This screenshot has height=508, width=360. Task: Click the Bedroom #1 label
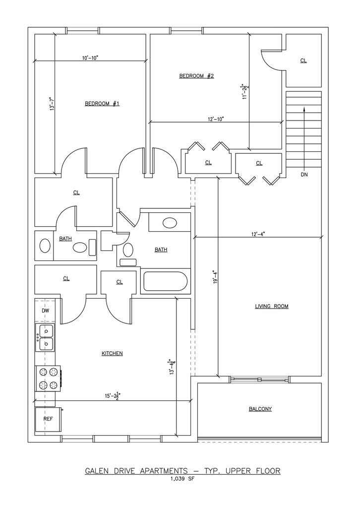pyautogui.click(x=102, y=104)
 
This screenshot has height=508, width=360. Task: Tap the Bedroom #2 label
pyautogui.click(x=197, y=76)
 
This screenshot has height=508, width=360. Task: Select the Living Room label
pyautogui.click(x=272, y=306)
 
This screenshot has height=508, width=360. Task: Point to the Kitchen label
pyautogui.click(x=113, y=353)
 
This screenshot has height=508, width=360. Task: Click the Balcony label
pyautogui.click(x=260, y=409)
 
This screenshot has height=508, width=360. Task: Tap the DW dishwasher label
pyautogui.click(x=46, y=311)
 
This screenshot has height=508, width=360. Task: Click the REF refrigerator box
pyautogui.click(x=48, y=419)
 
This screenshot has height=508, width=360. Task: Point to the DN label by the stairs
pyautogui.click(x=304, y=175)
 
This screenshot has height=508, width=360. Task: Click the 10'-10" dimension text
pyautogui.click(x=90, y=58)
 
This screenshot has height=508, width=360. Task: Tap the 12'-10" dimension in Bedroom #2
pyautogui.click(x=216, y=119)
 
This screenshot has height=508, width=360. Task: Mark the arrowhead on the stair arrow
pyautogui.click(x=304, y=110)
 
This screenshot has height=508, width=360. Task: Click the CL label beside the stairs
pyautogui.click(x=303, y=61)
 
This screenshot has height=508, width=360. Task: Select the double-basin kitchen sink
pyautogui.click(x=45, y=337)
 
